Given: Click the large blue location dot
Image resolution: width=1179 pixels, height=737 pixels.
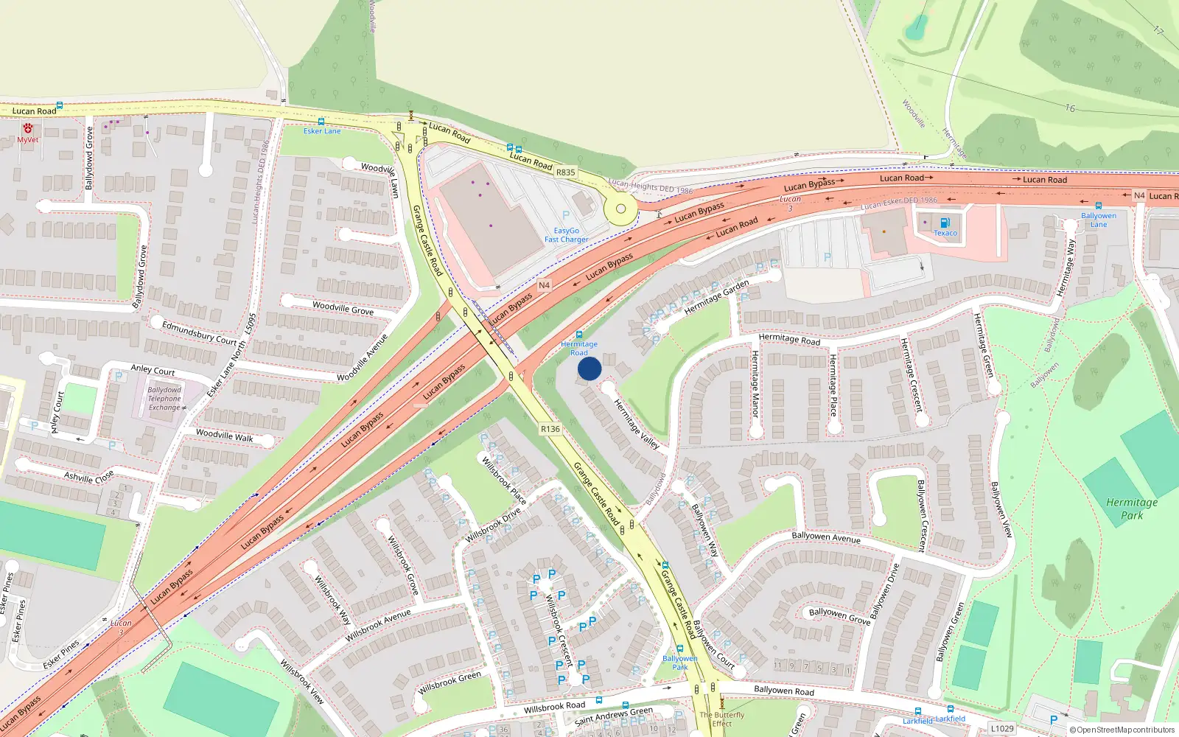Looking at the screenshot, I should [x=589, y=368].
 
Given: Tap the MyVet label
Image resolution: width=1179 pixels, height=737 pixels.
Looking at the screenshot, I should [x=27, y=139].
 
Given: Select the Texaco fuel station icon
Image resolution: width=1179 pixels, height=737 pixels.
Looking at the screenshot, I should [x=945, y=223].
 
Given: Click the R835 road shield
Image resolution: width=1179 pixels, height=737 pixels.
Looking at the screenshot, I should [x=565, y=172].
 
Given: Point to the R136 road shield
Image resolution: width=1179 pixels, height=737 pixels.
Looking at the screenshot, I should [x=550, y=428].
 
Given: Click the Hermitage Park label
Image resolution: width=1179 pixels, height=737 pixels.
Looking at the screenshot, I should [x=1132, y=509].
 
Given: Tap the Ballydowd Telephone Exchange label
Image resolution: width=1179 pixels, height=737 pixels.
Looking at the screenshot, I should [x=164, y=399].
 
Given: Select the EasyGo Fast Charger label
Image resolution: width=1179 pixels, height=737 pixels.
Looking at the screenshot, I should [x=566, y=235].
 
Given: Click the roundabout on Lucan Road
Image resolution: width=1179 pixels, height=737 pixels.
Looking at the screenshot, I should [x=620, y=209].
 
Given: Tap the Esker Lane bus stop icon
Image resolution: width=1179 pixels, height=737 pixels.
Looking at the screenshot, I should [x=321, y=122].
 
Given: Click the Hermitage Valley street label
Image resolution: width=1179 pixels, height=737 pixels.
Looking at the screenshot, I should [x=637, y=424].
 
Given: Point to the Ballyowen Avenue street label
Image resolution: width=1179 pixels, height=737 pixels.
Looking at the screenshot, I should [x=825, y=537].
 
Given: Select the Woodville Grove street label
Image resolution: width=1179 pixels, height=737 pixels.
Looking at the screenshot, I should [x=343, y=308].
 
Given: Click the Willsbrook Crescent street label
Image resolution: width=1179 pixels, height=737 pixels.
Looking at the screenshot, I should [x=559, y=631].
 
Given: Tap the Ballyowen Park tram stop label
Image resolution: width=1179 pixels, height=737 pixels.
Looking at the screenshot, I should [x=679, y=663].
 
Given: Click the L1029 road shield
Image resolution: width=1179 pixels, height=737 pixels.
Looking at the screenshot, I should [x=1002, y=728].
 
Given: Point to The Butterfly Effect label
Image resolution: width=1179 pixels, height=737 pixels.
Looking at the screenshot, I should [x=721, y=719].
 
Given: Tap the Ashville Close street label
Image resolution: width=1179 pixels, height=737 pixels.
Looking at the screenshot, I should [x=88, y=476].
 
